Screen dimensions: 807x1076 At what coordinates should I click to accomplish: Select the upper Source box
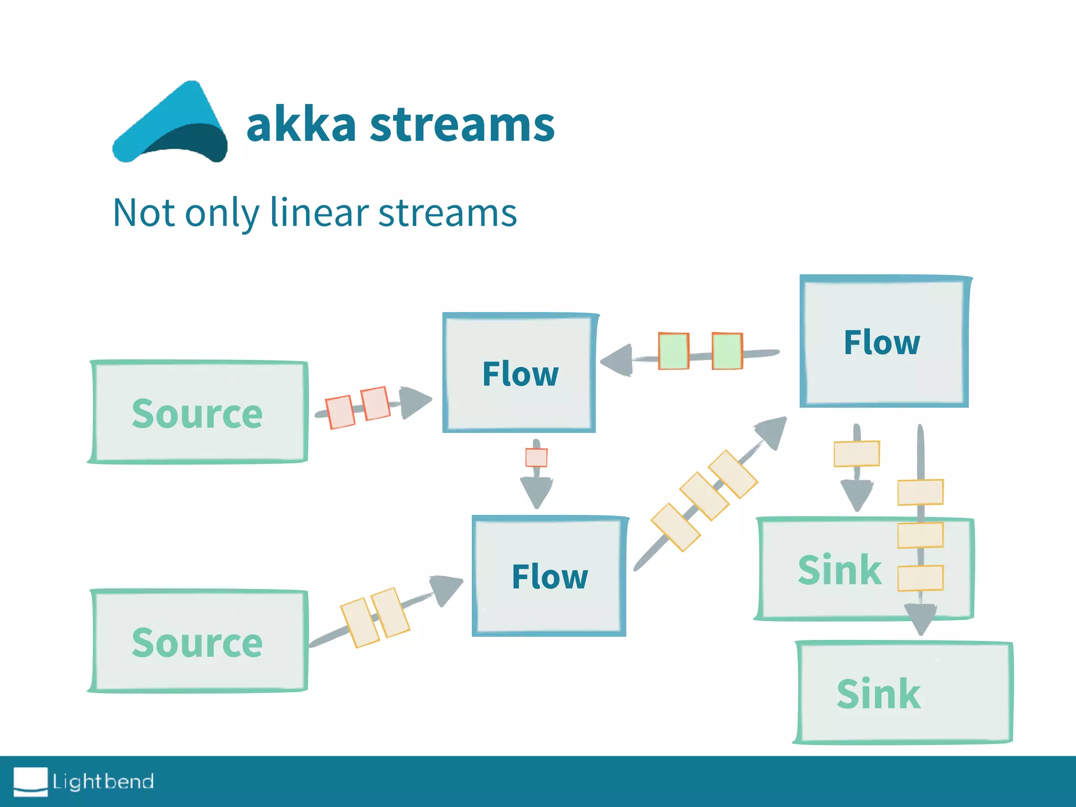coord(198,412)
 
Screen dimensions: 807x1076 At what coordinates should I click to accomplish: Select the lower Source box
coord(198,641)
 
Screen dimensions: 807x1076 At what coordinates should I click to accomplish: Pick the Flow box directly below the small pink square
coord(549,576)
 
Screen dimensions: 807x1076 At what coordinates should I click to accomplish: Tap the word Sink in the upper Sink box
coord(839,570)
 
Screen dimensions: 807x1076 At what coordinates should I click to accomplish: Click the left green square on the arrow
coord(674,351)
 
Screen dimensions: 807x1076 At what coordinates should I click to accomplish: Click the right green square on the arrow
coord(727,351)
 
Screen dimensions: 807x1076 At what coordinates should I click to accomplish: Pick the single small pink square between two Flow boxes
coord(536,457)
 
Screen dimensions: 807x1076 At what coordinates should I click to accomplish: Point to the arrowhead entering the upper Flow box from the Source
coord(415,402)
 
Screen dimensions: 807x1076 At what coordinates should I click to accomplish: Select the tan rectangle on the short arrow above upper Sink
coord(856,454)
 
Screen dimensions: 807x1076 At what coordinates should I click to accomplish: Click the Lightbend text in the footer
coord(103,782)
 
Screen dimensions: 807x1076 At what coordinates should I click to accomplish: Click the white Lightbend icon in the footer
coord(30,781)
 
